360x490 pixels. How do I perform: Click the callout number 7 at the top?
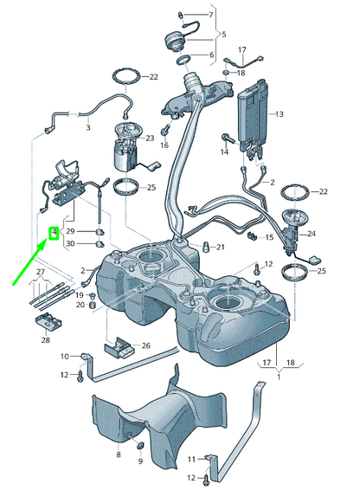point(210,16)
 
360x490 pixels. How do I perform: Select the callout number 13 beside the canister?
point(280,114)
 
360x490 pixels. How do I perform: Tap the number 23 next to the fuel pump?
point(150,138)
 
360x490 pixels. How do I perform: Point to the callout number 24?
point(312,233)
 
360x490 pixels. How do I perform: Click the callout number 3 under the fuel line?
point(87,127)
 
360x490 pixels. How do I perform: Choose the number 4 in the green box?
point(54,233)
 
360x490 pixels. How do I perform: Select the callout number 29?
point(72,231)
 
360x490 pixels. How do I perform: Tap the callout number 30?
point(72,244)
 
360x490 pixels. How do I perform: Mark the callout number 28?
point(45,340)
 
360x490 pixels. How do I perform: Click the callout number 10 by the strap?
point(63,356)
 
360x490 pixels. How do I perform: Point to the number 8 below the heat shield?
point(118,453)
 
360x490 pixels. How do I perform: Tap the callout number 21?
point(221,248)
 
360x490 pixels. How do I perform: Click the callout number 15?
point(269,237)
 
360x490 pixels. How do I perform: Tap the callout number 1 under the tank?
point(278,377)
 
